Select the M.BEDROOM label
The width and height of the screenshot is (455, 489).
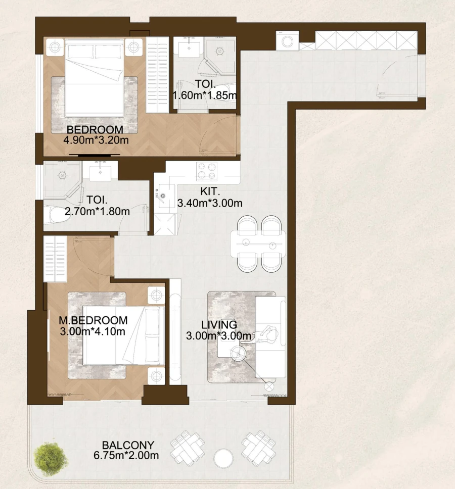tap(93, 320)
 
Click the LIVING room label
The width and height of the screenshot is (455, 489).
tap(219, 324)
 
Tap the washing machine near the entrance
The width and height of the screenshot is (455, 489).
tap(287, 41)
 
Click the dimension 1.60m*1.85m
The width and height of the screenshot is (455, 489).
tap(205, 95)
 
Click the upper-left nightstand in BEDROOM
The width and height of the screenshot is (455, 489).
tap(55, 47)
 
